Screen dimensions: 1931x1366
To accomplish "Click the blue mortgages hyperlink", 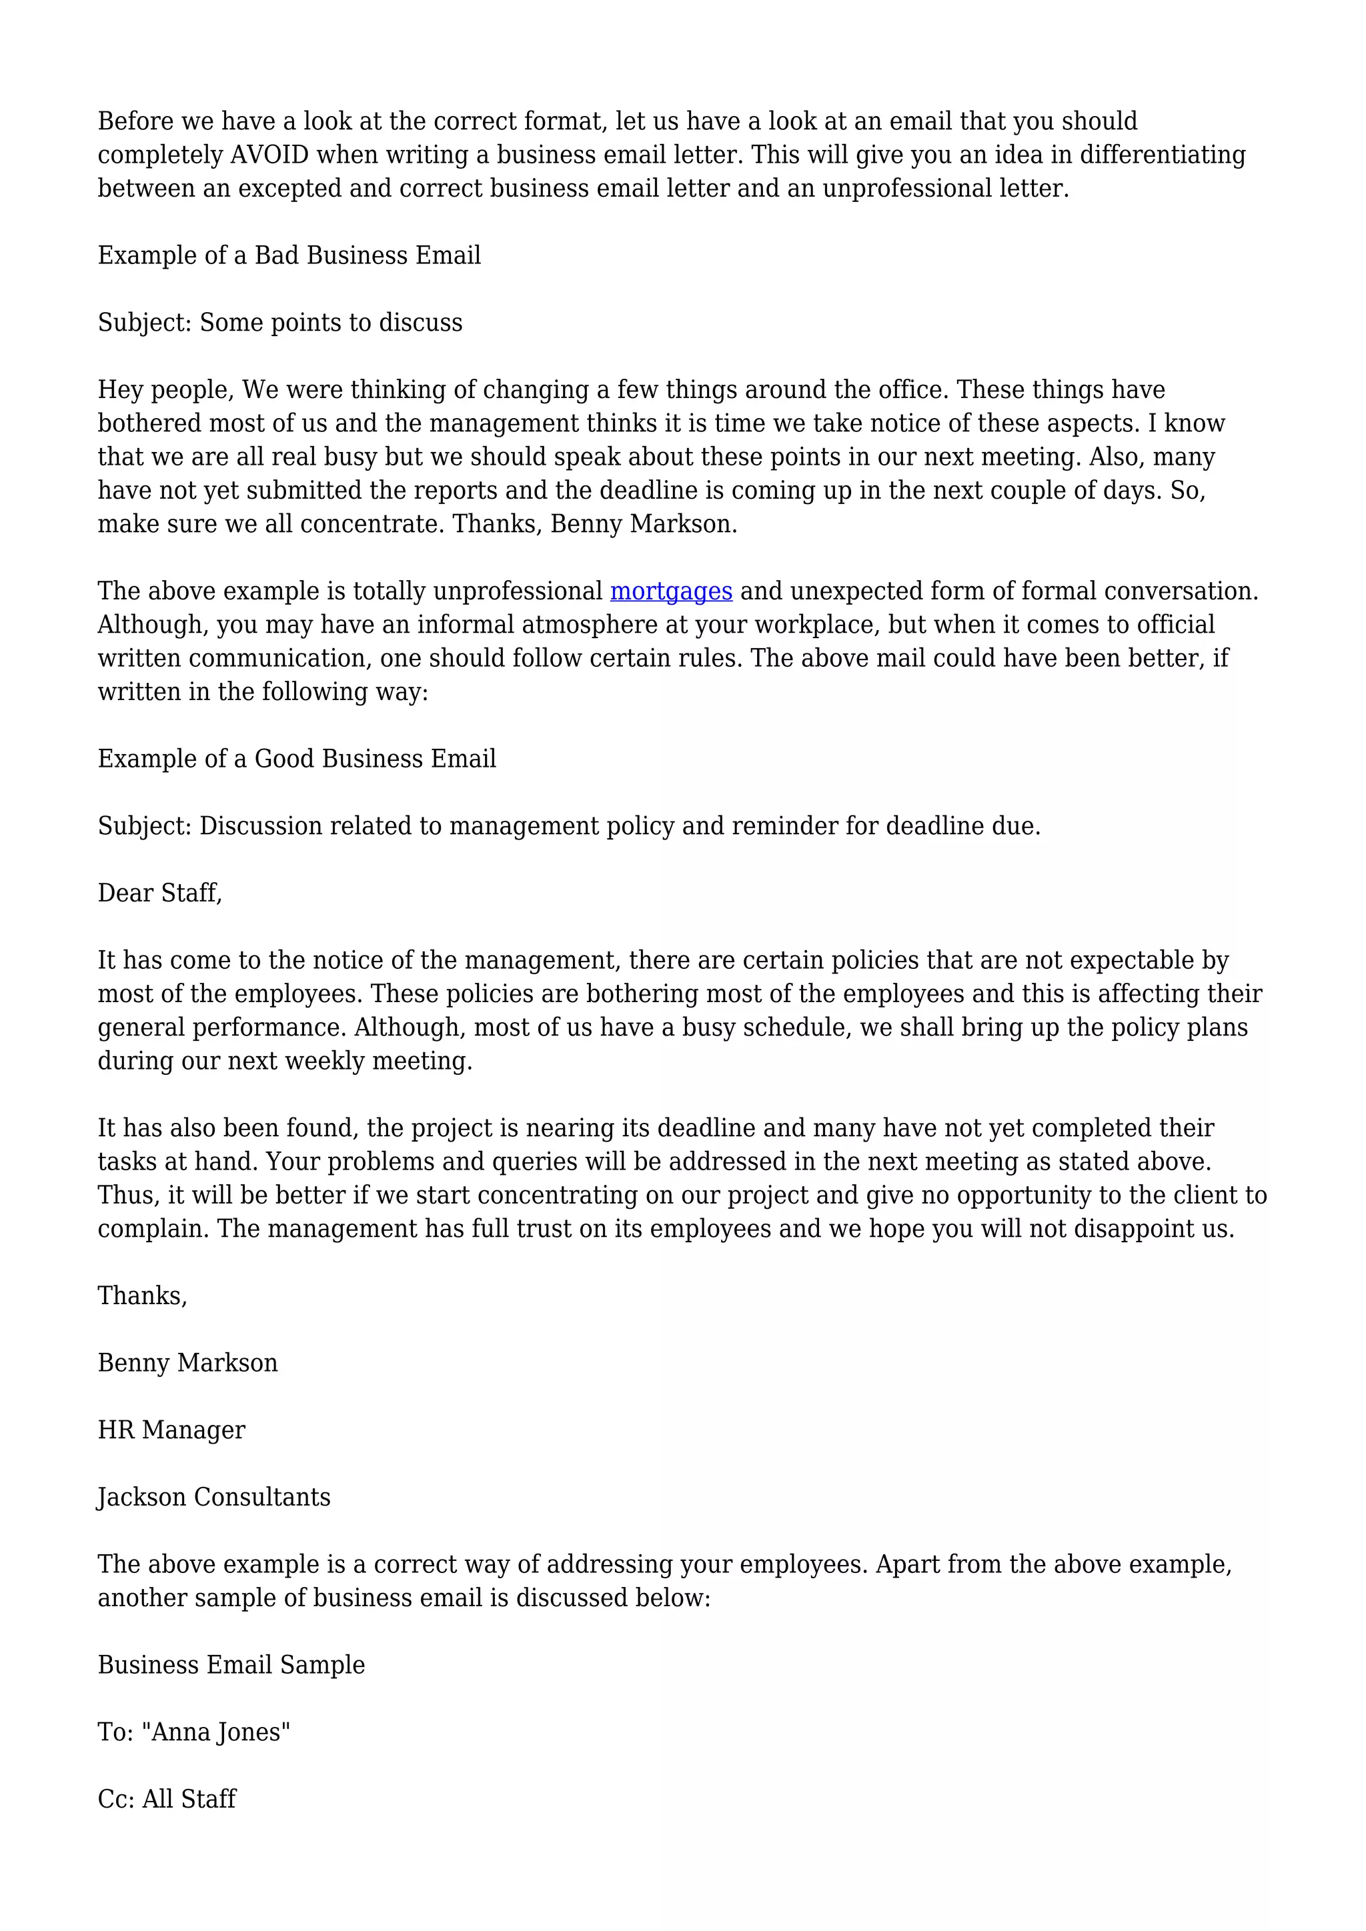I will tap(670, 591).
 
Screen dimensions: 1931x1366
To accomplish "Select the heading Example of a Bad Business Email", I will tap(289, 255).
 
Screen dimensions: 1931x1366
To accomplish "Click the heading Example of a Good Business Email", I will tap(297, 759).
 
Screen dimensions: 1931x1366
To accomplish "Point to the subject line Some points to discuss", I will tap(280, 323).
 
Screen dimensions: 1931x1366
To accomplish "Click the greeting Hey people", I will tap(165, 390).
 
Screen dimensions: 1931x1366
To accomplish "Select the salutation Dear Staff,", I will tap(160, 893).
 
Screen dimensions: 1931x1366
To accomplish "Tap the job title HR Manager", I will tap(171, 1430).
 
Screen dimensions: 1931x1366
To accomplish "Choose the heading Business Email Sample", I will tap(231, 1665).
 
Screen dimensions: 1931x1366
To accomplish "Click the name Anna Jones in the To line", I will tap(219, 1732).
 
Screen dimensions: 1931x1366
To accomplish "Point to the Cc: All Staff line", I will tap(167, 1799).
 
